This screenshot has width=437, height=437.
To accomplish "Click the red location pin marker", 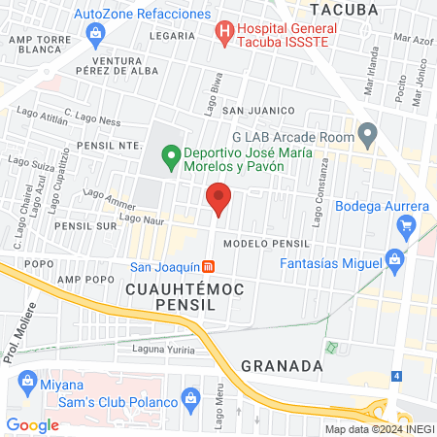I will click(x=218, y=199).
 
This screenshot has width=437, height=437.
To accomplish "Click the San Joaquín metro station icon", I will click(x=210, y=267).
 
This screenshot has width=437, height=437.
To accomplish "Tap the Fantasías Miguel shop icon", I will click(x=393, y=258).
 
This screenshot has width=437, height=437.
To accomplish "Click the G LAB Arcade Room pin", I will click(x=367, y=132).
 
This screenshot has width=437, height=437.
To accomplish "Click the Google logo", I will click(x=33, y=424).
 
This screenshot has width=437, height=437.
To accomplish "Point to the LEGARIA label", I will click(x=174, y=35).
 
